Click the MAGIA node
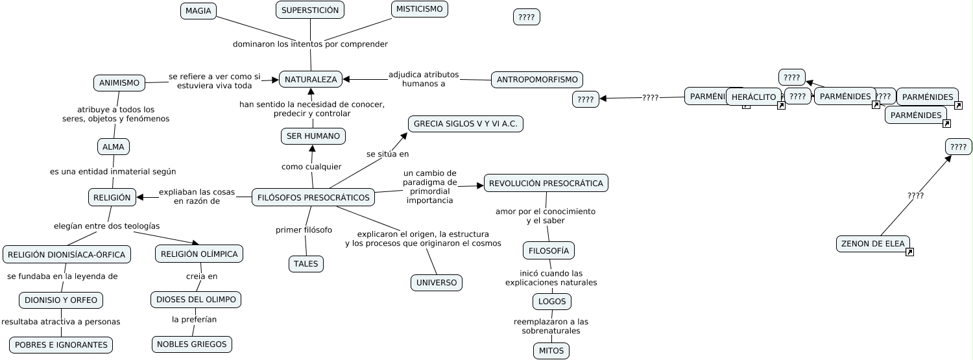tap(198, 11)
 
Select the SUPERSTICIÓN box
tap(309, 10)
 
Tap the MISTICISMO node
tap(419, 9)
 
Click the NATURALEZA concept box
tap(311, 79)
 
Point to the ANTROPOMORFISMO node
tap(536, 80)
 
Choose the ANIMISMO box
tap(119, 83)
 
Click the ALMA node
tap(113, 147)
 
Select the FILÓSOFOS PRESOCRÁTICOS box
tap(313, 197)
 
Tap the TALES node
tap(306, 264)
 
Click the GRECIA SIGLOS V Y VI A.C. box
tap(465, 124)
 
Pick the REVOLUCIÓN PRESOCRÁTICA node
tap(546, 183)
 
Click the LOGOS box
tap(551, 302)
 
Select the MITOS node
tap(551, 351)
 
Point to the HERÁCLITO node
tap(754, 97)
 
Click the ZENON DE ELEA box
tap(872, 244)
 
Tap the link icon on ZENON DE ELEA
tap(909, 252)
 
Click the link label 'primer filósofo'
tap(304, 230)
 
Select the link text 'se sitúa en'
tap(387, 154)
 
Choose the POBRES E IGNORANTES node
tap(61, 345)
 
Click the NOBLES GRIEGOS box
tap(191, 344)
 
